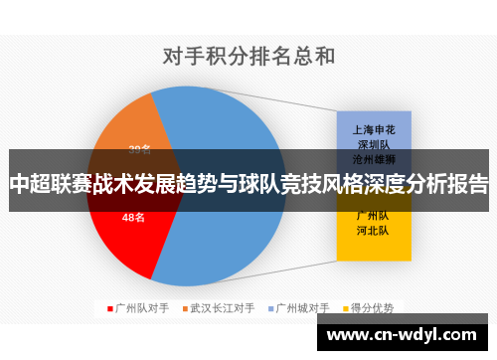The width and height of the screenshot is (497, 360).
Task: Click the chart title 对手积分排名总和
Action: point(248,55)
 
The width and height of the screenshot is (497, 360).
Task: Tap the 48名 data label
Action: point(133,217)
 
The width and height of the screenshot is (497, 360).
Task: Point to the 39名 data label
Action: point(140,150)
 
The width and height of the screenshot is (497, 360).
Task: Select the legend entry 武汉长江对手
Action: point(224,308)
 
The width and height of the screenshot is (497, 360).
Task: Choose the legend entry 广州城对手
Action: point(303,308)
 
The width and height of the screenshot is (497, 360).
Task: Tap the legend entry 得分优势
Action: point(373,308)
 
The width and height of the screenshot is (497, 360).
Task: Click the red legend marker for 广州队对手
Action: point(110,308)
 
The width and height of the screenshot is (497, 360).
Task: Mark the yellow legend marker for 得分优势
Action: point(347,308)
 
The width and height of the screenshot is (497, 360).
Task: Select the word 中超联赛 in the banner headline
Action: point(49,184)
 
